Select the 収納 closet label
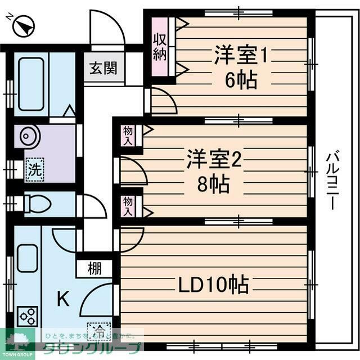(159, 48)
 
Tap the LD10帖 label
(214, 286)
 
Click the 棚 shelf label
(95, 269)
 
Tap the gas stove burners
(28, 316)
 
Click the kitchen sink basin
(27, 259)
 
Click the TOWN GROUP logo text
(17, 354)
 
